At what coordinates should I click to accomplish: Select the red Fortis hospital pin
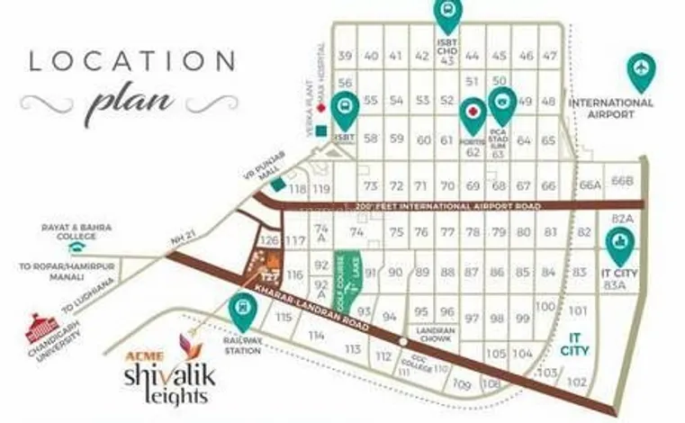473,115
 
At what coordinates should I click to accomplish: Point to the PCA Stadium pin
501,105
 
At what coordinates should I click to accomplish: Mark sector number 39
345,57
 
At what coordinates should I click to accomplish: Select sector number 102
574,381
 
